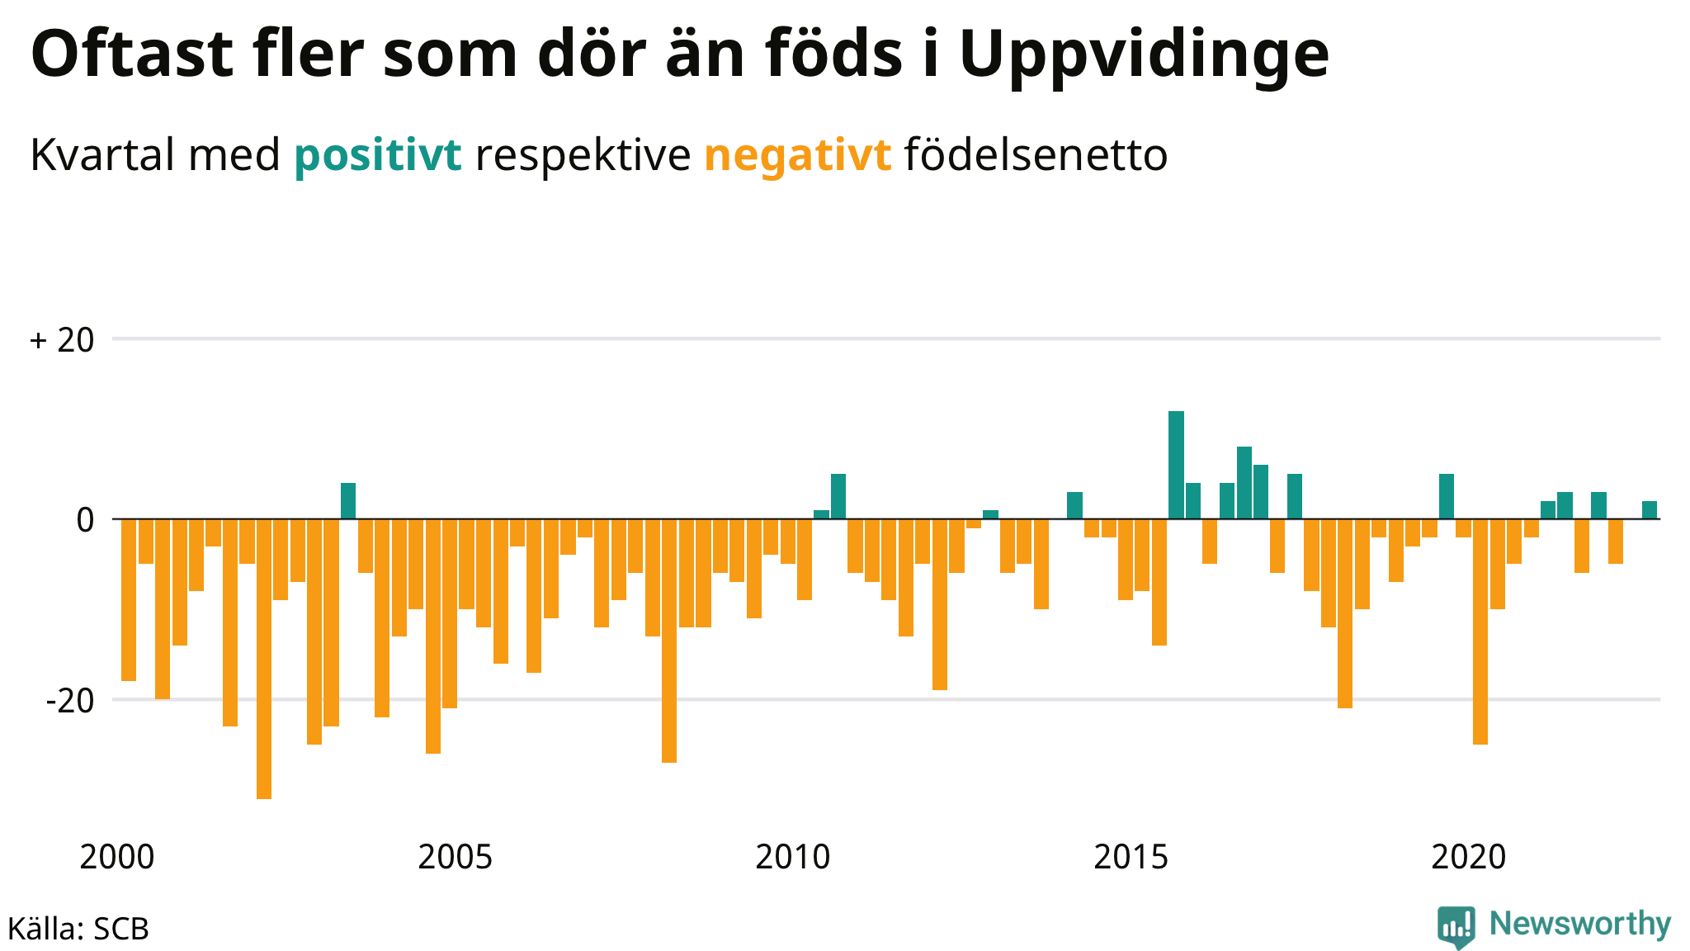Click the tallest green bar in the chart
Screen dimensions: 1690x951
[x=1176, y=465]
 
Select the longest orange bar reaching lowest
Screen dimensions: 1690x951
[x=264, y=659]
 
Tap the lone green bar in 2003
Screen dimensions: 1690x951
[x=348, y=501]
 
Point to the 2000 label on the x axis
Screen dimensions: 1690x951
[x=117, y=858]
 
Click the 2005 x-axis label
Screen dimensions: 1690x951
[x=456, y=858]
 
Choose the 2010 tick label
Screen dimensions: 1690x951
[x=793, y=858]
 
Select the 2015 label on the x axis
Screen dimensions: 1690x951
[x=1131, y=858]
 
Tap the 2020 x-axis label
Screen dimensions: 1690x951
[x=1469, y=858]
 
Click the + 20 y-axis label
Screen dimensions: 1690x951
[x=62, y=340]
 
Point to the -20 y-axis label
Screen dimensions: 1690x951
[x=70, y=701]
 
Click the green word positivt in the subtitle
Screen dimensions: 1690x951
[x=378, y=155]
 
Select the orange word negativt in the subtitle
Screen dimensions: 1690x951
[x=798, y=155]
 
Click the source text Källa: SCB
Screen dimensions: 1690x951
[x=78, y=929]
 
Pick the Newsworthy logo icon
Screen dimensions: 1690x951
[x=1456, y=927]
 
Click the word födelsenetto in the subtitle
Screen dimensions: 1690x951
[x=1036, y=154]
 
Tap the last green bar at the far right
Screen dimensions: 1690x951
[x=1650, y=510]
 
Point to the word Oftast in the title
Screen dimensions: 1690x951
[x=132, y=53]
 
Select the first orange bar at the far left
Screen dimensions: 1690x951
[x=129, y=600]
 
